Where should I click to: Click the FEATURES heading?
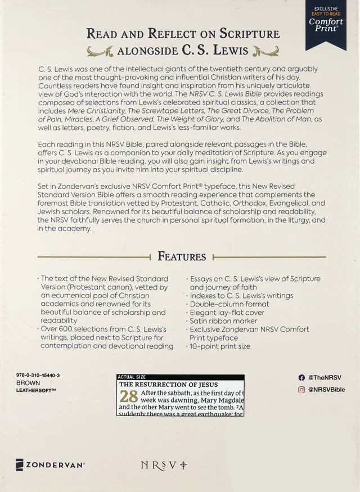click(182, 256)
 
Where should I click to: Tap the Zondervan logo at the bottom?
click(50, 465)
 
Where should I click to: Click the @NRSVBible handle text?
click(327, 389)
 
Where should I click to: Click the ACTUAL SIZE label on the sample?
click(130, 377)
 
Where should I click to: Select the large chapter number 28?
click(129, 396)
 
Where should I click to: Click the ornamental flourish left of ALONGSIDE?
click(100, 52)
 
